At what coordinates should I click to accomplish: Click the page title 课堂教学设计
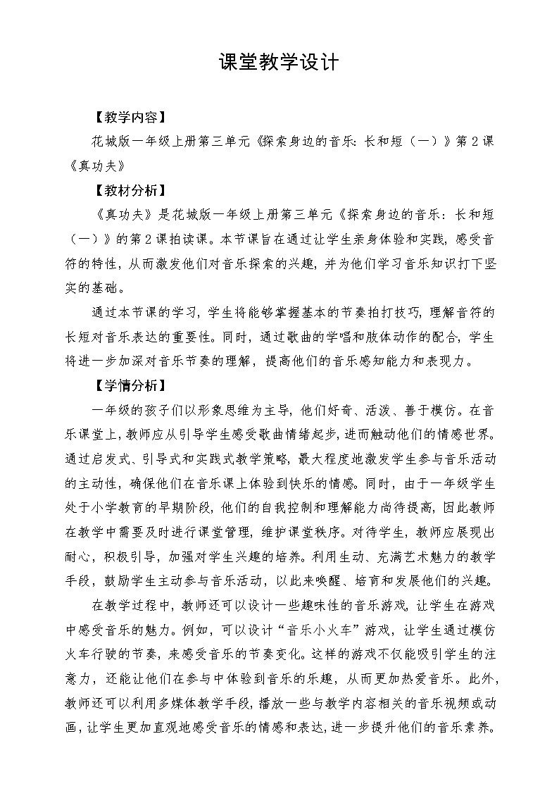279,63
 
